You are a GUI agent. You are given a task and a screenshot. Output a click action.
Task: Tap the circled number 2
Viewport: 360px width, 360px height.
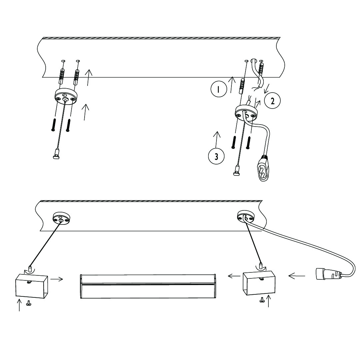click(272, 101)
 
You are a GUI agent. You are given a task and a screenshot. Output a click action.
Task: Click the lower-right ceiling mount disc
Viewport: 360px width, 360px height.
click(245, 217)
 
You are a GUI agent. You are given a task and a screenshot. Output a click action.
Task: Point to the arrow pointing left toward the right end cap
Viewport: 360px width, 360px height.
click(296, 276)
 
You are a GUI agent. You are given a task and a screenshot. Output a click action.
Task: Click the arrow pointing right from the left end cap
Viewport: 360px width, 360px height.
click(57, 279)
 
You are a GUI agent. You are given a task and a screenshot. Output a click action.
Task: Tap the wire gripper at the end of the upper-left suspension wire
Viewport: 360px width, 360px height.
click(56, 156)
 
